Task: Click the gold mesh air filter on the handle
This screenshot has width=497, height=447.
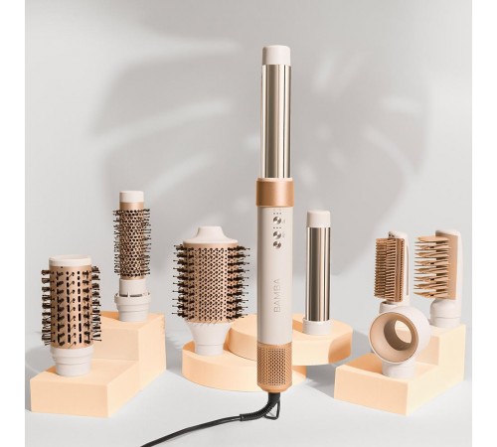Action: click(x=277, y=373)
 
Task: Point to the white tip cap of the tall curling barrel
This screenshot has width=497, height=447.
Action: click(x=277, y=57)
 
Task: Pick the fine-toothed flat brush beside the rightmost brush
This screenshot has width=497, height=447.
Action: click(x=391, y=268)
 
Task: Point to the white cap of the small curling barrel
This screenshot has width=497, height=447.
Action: click(x=319, y=218)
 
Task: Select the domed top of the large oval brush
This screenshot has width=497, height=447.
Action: click(x=210, y=236)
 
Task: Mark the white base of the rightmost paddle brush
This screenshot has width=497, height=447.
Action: click(x=445, y=312)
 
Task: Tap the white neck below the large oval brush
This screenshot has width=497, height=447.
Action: click(x=210, y=337)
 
